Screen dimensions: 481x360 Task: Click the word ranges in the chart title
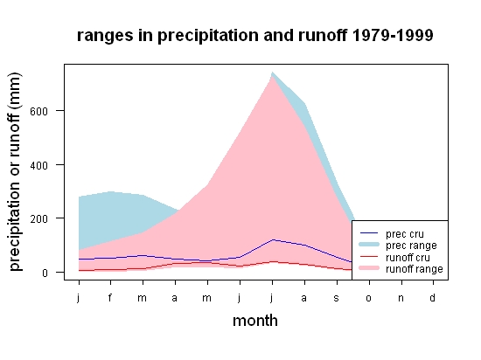click(x=105, y=36)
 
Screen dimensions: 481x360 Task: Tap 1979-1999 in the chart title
click(x=393, y=35)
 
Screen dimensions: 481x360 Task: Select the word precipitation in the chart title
click(x=208, y=36)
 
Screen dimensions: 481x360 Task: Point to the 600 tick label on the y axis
click(x=39, y=111)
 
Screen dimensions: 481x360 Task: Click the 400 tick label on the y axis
click(x=39, y=166)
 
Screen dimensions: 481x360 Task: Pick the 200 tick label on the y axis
click(x=39, y=219)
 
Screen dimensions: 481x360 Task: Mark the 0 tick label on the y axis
click(x=45, y=273)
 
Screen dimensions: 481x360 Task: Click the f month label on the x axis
click(x=110, y=297)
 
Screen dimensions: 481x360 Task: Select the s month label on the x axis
click(x=336, y=299)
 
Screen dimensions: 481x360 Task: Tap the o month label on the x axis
click(x=369, y=299)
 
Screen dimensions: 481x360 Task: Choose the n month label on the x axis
click(x=401, y=299)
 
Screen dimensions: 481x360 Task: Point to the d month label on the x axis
click(x=433, y=297)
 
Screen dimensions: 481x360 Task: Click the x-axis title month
click(x=255, y=321)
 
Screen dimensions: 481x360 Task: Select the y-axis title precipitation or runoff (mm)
click(x=15, y=172)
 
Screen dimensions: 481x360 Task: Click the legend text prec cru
click(x=405, y=234)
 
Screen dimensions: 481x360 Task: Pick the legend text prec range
click(x=411, y=246)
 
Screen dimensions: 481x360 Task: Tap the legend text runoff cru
click(x=408, y=258)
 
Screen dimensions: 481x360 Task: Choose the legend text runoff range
click(x=415, y=269)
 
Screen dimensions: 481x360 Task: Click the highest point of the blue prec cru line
click(x=272, y=239)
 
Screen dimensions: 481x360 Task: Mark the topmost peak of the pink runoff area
click(x=272, y=76)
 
